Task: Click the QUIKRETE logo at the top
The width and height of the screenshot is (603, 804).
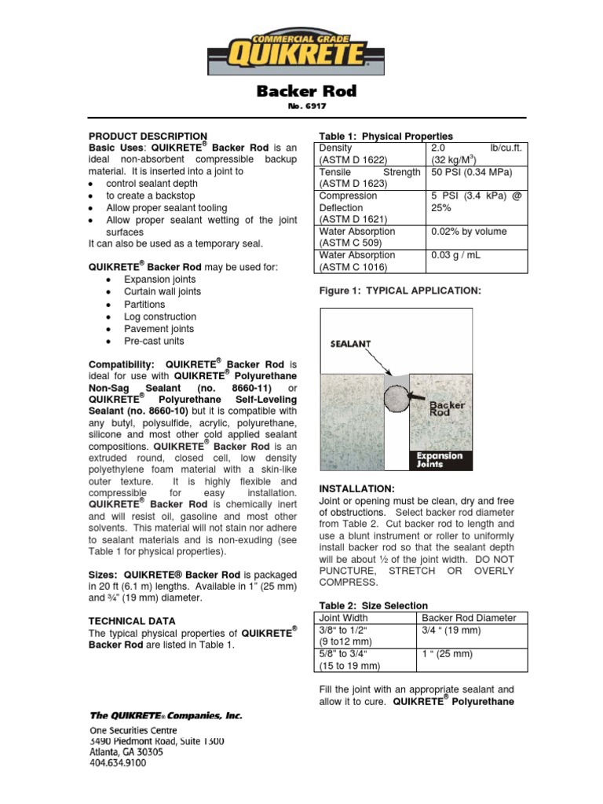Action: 301,49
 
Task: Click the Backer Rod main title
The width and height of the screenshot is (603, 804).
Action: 306,91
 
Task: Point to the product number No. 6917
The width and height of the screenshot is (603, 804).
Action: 306,107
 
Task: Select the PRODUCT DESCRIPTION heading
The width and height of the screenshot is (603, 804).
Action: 148,136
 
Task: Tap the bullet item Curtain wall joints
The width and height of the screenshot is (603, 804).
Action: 163,291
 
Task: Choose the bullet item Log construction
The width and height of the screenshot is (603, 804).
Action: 160,316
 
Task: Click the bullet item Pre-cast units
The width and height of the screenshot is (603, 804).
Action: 154,342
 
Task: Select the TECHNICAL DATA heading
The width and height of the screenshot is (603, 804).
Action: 132,620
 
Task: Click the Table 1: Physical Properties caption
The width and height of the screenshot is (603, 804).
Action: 386,136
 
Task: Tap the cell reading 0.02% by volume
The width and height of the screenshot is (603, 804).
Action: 469,232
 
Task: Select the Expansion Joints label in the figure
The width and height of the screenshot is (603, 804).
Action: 440,459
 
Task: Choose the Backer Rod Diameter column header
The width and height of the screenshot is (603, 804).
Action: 469,618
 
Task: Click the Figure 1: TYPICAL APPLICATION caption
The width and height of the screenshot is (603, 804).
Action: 399,291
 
